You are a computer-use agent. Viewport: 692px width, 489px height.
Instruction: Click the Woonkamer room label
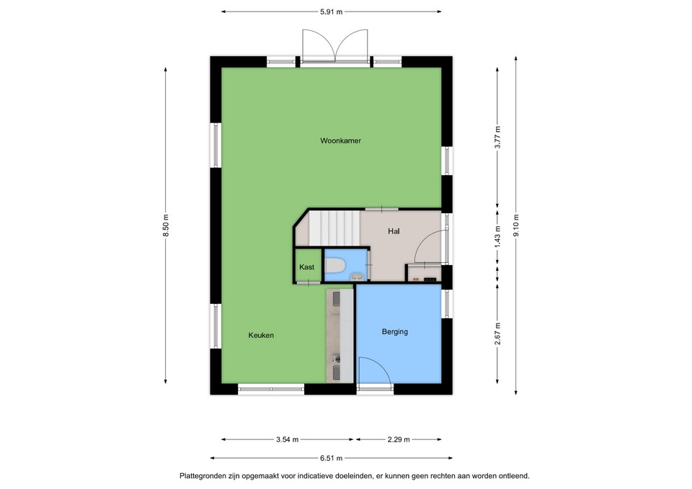pyautogui.click(x=340, y=140)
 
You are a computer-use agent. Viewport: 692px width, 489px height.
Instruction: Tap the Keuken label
pyautogui.click(x=261, y=335)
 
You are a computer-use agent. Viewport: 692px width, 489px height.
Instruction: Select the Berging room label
pyautogui.click(x=394, y=331)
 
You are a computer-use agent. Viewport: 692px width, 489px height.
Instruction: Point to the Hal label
pyautogui.click(x=394, y=231)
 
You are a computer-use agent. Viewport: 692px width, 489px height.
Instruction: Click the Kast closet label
pyautogui.click(x=307, y=267)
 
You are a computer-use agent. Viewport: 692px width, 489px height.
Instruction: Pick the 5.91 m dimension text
pyautogui.click(x=331, y=12)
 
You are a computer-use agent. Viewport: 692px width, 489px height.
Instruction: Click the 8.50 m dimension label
pyautogui.click(x=166, y=225)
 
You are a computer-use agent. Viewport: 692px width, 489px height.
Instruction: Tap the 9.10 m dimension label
pyautogui.click(x=516, y=225)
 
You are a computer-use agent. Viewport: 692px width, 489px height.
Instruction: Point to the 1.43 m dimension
pyautogui.click(x=497, y=237)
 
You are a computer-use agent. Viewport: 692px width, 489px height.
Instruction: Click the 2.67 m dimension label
pyautogui.click(x=497, y=333)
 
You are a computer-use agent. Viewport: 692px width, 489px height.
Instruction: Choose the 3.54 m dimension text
pyautogui.click(x=288, y=439)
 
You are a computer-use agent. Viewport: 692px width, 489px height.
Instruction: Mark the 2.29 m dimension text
pyautogui.click(x=399, y=439)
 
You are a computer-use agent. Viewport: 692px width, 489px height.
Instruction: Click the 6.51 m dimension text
pyautogui.click(x=331, y=458)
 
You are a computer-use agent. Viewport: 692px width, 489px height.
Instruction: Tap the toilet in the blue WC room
pyautogui.click(x=335, y=266)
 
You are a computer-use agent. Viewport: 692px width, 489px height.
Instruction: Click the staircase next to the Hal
pyautogui.click(x=334, y=228)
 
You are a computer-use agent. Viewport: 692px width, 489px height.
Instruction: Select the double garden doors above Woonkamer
pyautogui.click(x=335, y=45)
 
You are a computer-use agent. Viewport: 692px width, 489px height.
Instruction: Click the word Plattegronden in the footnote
pyautogui.click(x=202, y=476)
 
